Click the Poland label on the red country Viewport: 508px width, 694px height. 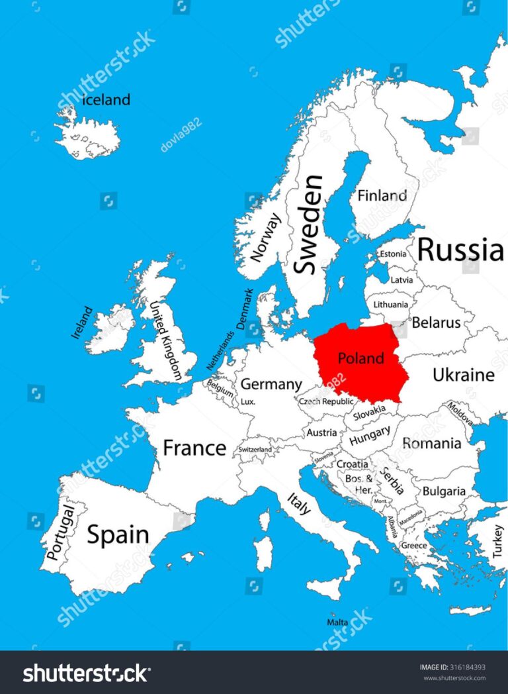[x=360, y=358]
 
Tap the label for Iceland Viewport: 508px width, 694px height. [x=106, y=100]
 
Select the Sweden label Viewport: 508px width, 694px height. [x=309, y=224]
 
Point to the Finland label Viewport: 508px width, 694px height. [x=382, y=195]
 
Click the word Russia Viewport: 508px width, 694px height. [x=460, y=250]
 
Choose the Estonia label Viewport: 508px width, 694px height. [x=392, y=254]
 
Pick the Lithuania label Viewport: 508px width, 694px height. [x=391, y=305]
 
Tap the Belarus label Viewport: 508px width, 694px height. [x=436, y=323]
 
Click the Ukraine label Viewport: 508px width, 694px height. [x=463, y=375]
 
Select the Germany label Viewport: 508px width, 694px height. [x=271, y=384]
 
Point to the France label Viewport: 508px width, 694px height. [x=194, y=448]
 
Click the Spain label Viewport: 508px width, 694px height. [x=118, y=534]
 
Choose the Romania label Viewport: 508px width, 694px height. [x=431, y=443]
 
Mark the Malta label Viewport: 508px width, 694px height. [x=337, y=622]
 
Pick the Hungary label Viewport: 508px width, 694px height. [x=369, y=437]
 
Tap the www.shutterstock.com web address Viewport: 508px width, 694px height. [x=454, y=677]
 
